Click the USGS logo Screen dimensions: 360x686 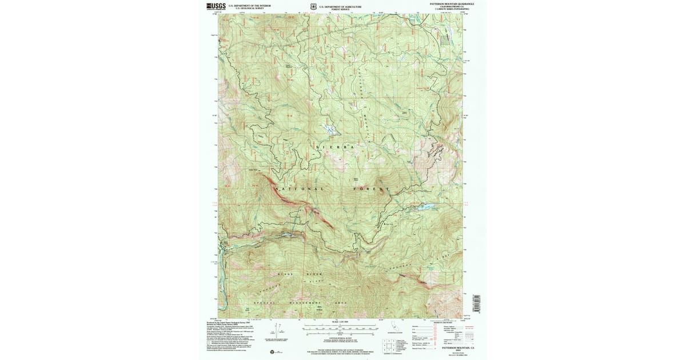tap(216, 6)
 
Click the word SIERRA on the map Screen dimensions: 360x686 tap(336, 147)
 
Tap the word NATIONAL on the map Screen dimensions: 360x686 tap(301, 189)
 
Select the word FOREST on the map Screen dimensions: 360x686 tap(371, 189)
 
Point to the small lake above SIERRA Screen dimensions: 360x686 tap(330, 129)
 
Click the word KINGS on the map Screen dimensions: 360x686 tap(286, 275)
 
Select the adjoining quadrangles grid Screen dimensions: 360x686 tap(388, 346)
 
